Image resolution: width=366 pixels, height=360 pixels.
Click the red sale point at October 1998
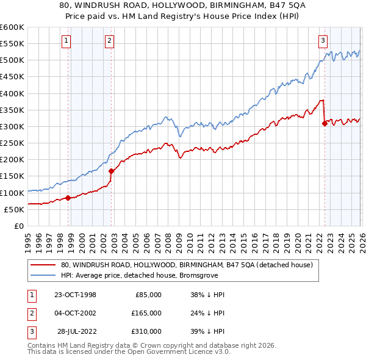pos(68,198)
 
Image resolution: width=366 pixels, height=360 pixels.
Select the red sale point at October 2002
pos(111,171)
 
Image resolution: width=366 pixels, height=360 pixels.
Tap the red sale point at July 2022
pos(325,123)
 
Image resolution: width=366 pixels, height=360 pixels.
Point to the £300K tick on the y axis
pos(12,126)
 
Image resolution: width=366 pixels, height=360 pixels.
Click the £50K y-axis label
pos(14,209)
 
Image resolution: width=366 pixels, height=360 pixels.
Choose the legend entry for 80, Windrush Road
pos(187,265)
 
